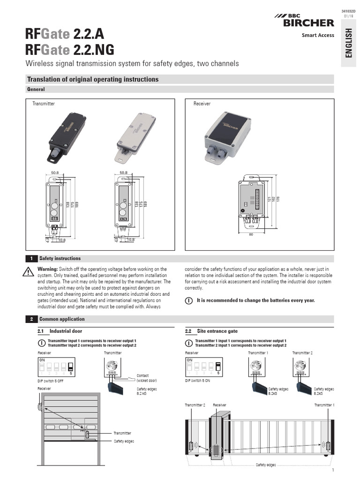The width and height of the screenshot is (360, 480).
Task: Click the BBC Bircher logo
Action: pos(304,21)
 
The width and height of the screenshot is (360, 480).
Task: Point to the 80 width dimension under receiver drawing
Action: pos(251,234)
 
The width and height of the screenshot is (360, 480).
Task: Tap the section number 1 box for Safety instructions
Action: pos(31,258)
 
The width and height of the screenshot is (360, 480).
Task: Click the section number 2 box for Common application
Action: pos(31,319)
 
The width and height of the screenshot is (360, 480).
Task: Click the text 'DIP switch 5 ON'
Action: pos(201,381)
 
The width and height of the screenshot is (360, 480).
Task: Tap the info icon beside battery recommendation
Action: pos(188,300)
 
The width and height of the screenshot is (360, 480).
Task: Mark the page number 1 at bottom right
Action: pos(332,470)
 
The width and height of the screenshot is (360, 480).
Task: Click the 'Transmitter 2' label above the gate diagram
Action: pos(195,405)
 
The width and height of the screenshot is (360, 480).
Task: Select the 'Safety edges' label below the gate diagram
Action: pos(265,465)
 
